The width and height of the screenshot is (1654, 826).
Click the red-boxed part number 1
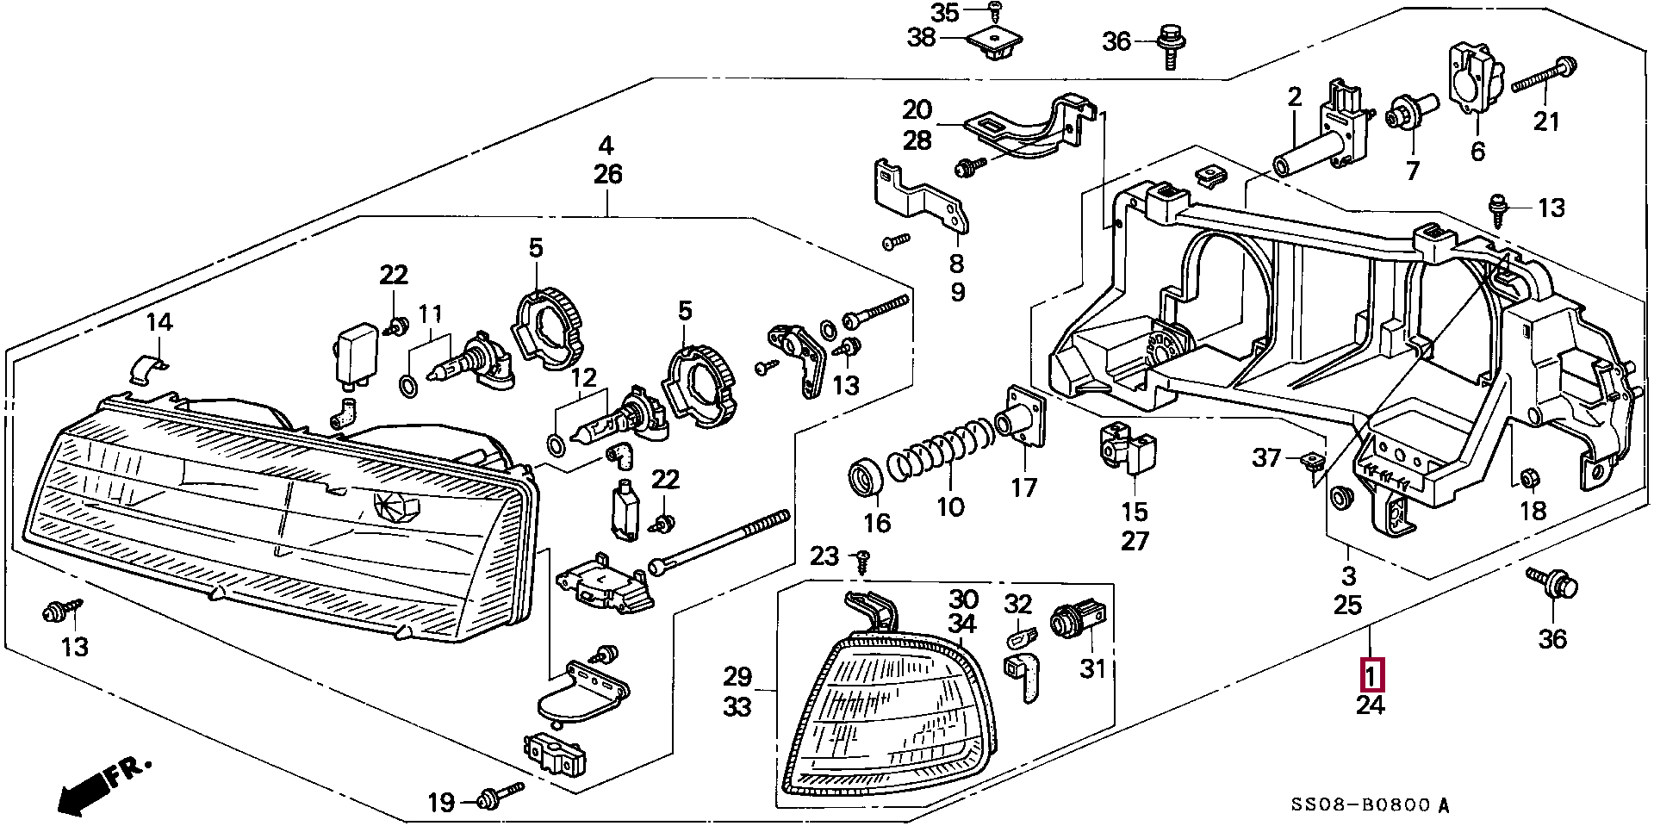(x=1371, y=674)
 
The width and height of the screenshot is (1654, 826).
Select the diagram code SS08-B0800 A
(x=1370, y=805)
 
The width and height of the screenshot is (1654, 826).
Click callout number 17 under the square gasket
(x=1024, y=488)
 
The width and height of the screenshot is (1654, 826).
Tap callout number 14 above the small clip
(x=159, y=323)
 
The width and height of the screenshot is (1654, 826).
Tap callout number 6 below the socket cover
(x=1478, y=152)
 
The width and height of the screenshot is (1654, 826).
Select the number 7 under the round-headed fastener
(x=1412, y=171)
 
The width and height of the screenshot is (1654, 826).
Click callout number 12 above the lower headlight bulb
(x=583, y=377)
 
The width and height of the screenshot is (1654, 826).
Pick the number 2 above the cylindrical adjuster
(x=1295, y=98)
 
